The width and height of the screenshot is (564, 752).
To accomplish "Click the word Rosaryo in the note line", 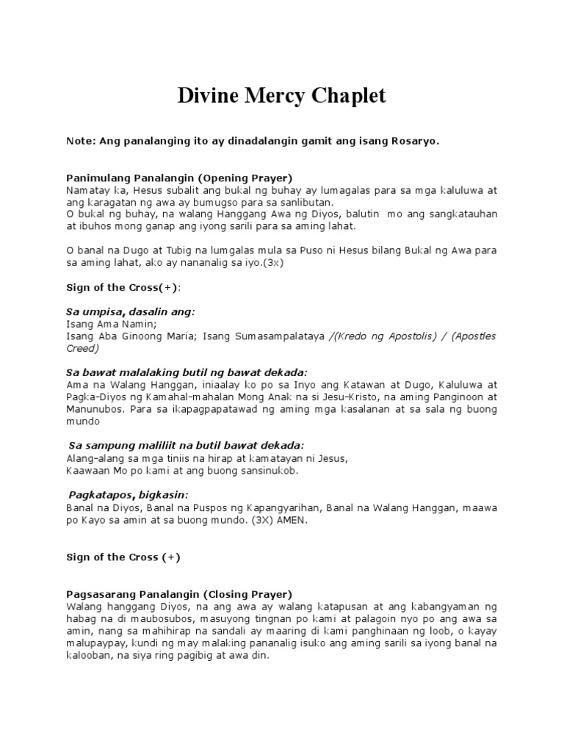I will pyautogui.click(x=415, y=141).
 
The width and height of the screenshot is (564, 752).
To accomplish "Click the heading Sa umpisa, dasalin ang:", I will pyautogui.click(x=131, y=311).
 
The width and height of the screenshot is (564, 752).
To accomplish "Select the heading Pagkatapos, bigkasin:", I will pyautogui.click(x=129, y=494).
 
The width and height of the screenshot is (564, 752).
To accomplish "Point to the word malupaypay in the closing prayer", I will pyautogui.click(x=93, y=643).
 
